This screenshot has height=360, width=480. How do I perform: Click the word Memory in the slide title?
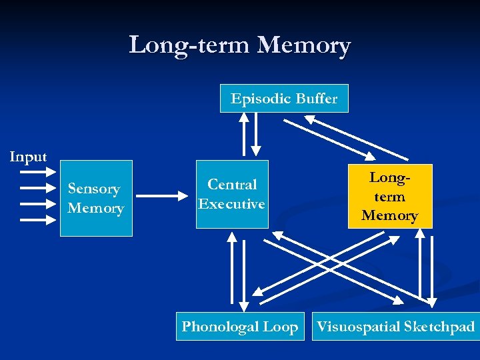(x=303, y=46)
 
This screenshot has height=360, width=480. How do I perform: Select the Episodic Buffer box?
(x=284, y=99)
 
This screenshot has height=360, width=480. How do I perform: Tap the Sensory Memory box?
(x=96, y=198)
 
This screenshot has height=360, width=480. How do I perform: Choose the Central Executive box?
(x=232, y=194)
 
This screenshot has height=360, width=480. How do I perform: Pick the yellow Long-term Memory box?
(x=390, y=196)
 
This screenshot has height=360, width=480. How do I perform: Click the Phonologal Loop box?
(x=240, y=326)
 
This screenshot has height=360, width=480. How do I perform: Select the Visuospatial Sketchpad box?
(x=395, y=326)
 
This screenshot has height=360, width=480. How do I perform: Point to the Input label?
(x=28, y=157)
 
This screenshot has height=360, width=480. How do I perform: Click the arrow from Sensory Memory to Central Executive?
(x=163, y=196)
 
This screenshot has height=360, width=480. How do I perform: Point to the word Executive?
(x=232, y=204)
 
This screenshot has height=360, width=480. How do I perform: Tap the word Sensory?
(x=94, y=189)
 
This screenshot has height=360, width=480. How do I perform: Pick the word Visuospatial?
(x=357, y=326)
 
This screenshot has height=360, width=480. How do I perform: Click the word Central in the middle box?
(x=232, y=185)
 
